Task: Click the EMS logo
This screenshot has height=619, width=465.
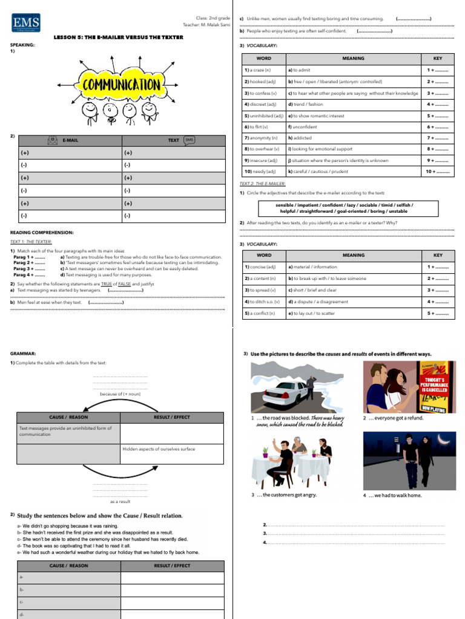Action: (x=25, y=24)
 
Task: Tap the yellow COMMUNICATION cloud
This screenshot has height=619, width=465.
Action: (x=120, y=84)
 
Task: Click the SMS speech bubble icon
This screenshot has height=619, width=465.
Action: (x=189, y=140)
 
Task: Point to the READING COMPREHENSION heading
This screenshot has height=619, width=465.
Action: (x=42, y=233)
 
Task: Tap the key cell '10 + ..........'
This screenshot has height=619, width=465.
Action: (x=437, y=172)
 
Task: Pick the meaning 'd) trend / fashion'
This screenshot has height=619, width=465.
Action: (x=306, y=104)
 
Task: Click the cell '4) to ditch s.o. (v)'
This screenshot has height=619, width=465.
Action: (x=262, y=302)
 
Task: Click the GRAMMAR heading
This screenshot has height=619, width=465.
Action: (x=23, y=353)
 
